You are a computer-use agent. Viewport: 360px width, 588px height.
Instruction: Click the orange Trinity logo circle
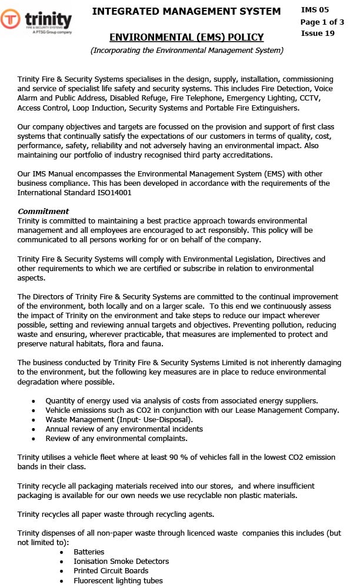point(11,19)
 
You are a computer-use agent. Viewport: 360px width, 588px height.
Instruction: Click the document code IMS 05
point(315,10)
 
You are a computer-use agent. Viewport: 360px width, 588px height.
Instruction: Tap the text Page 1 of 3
point(322,22)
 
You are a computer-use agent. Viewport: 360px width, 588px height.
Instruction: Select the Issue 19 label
point(318,33)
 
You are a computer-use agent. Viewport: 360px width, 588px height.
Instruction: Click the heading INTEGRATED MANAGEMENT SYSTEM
point(186,11)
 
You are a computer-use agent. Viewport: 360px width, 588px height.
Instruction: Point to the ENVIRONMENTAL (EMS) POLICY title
point(186,38)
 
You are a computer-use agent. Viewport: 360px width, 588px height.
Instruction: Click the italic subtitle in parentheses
point(186,51)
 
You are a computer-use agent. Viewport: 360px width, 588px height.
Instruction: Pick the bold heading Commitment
point(43,211)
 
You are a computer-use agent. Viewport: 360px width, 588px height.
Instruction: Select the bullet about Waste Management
point(119,419)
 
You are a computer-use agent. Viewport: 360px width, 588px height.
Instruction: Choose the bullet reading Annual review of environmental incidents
point(124,429)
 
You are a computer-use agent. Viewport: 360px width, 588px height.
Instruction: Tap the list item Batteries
point(89,552)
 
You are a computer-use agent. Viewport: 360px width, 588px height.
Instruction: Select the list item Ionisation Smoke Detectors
point(121,562)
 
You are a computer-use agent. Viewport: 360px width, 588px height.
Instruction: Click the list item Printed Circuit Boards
point(111,571)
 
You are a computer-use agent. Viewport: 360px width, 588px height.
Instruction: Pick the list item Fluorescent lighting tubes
point(118,580)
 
